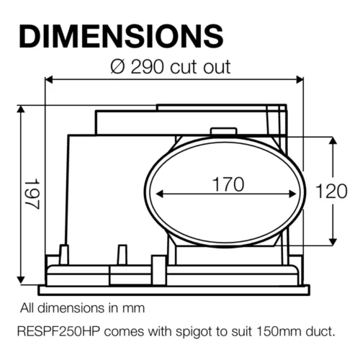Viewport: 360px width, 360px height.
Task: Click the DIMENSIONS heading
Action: (120, 35)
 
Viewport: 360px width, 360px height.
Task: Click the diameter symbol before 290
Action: (117, 67)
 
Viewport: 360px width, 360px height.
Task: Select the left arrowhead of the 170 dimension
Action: (159, 194)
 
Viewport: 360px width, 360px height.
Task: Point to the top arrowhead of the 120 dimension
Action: (333, 140)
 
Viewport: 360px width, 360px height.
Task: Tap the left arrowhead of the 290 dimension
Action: (50, 79)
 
